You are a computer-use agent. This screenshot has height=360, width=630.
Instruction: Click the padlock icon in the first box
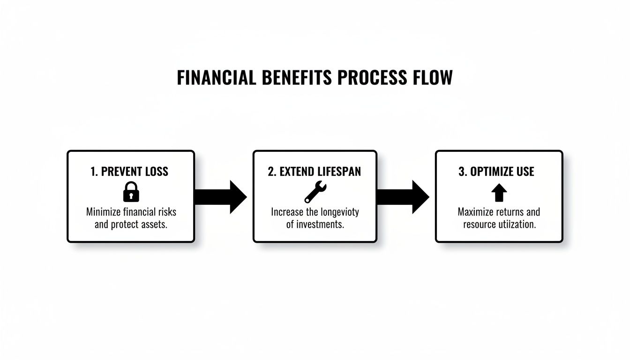tap(131, 192)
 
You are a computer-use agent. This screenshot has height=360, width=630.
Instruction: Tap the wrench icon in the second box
tap(315, 192)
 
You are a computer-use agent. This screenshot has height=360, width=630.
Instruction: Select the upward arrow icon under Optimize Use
tap(499, 192)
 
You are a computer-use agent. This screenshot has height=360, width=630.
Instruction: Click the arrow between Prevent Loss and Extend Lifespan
tap(220, 197)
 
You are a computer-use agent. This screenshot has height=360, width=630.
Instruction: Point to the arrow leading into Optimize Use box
tap(403, 197)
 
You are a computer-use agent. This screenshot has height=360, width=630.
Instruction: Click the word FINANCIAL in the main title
tap(217, 78)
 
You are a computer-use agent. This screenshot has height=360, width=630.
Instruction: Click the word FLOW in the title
tap(435, 78)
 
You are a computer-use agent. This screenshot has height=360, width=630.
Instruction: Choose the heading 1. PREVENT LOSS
tap(129, 172)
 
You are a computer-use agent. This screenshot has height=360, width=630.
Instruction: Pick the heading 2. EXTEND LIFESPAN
tap(315, 172)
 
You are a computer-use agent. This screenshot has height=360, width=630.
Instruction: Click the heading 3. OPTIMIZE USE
tap(496, 172)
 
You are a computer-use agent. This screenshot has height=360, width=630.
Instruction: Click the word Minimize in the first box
tap(103, 212)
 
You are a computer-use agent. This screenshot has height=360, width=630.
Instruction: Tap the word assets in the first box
tap(154, 225)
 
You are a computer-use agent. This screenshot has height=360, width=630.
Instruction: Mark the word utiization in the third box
tap(517, 225)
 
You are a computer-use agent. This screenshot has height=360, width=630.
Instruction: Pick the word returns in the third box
tap(511, 212)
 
